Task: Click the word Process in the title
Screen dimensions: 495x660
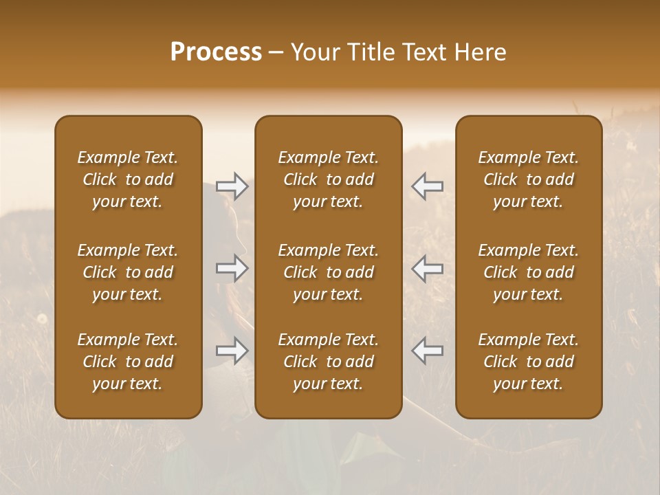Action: click(216, 52)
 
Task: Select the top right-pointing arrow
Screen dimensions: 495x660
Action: click(232, 186)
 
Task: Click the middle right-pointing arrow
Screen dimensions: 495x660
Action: click(232, 268)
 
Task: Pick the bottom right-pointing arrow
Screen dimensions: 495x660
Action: click(232, 351)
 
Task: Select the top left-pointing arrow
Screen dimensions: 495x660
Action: click(428, 186)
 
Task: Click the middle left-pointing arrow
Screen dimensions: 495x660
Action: click(428, 268)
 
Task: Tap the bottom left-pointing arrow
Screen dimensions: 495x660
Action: click(428, 351)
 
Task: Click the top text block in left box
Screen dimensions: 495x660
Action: click(128, 179)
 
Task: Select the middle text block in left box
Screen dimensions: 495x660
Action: click(128, 272)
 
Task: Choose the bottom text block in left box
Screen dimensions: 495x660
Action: click(128, 362)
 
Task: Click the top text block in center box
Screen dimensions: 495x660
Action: click(329, 179)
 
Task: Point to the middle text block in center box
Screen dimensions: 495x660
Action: click(329, 272)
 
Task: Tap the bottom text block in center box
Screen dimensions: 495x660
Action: click(329, 362)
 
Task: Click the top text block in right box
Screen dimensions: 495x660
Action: click(529, 179)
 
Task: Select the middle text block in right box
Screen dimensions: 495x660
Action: click(529, 272)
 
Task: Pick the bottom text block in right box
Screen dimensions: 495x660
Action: click(529, 362)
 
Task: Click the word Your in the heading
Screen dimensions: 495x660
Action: click(315, 52)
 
